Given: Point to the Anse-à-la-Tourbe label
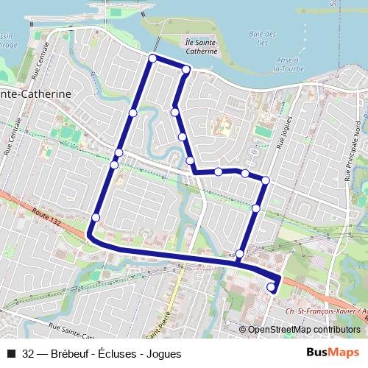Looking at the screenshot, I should pyautogui.click(x=286, y=65).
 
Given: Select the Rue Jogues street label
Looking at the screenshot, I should pyautogui.click(x=283, y=132).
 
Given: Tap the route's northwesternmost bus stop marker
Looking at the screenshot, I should pyautogui.click(x=152, y=58).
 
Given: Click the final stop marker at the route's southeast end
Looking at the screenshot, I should pyautogui.click(x=271, y=287).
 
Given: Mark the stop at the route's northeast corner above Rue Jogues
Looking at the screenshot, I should pyautogui.click(x=265, y=180).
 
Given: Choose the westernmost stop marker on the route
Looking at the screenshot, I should pyautogui.click(x=96, y=217).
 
